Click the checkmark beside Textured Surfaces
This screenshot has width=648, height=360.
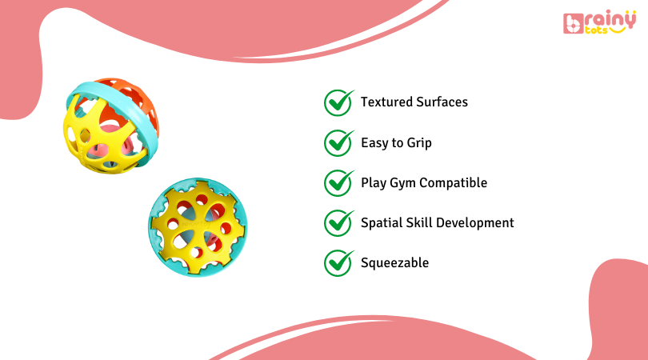tap(338, 102)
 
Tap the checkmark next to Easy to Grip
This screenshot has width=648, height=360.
tap(338, 142)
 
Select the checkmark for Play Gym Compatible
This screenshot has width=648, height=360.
tap(338, 182)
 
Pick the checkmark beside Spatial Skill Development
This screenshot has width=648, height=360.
tap(338, 222)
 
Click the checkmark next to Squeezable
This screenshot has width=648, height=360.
tap(338, 262)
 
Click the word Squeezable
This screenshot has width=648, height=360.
tap(394, 263)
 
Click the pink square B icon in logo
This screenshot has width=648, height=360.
tap(573, 25)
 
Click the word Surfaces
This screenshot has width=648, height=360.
tap(442, 102)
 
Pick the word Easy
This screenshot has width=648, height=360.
tap(374, 143)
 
